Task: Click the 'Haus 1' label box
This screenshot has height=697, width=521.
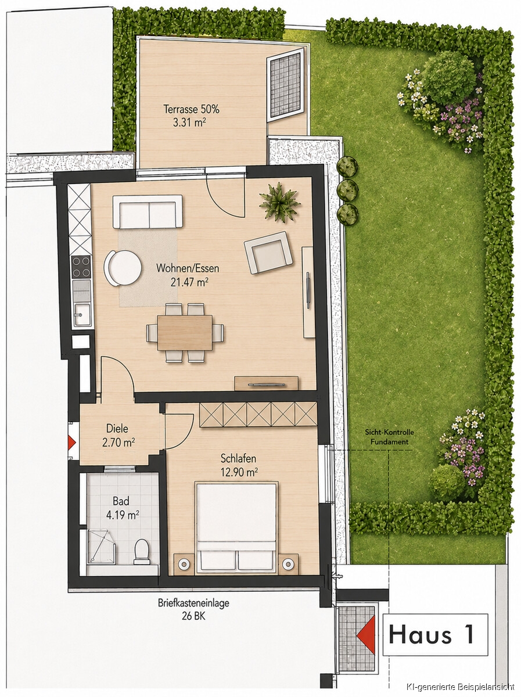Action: pyautogui.click(x=435, y=635)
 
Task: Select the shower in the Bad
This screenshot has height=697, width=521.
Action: pyautogui.click(x=100, y=546)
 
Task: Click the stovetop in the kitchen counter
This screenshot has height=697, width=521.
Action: pyautogui.click(x=81, y=267)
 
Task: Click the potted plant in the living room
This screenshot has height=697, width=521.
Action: pyautogui.click(x=279, y=202)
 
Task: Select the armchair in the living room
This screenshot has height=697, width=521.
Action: pyautogui.click(x=268, y=253)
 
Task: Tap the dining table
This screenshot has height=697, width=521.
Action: pyautogui.click(x=185, y=332)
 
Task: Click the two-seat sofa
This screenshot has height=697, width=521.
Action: pyautogui.click(x=148, y=211)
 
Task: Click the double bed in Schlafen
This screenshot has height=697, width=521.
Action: pyautogui.click(x=236, y=527)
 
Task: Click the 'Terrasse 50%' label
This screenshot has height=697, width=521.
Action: pyautogui.click(x=192, y=109)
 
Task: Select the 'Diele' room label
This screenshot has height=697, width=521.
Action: pyautogui.click(x=117, y=428)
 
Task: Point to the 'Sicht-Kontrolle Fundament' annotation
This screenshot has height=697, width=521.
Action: pyautogui.click(x=389, y=437)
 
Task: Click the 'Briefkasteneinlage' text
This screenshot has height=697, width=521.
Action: pyautogui.click(x=193, y=603)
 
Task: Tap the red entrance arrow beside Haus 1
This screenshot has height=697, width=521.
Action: pyautogui.click(x=366, y=635)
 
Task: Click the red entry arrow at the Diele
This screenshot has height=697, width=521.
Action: pyautogui.click(x=72, y=442)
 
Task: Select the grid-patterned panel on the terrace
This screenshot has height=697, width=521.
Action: pyautogui.click(x=286, y=85)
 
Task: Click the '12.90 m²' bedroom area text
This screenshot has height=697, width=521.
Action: pyautogui.click(x=239, y=472)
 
